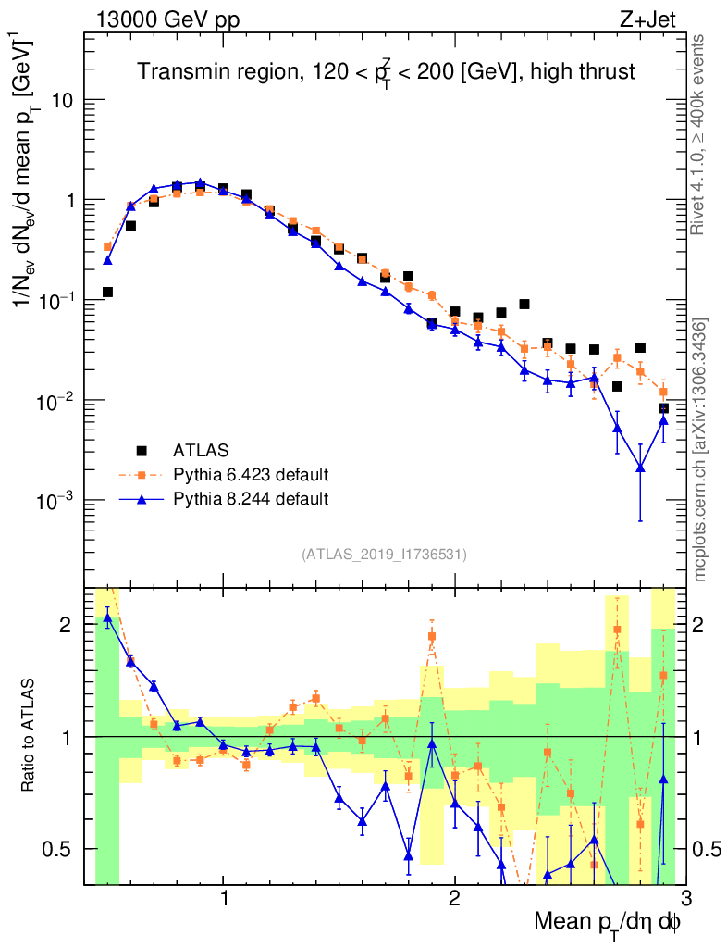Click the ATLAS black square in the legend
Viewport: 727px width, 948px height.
142,451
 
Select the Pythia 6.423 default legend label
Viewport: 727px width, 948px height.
251,475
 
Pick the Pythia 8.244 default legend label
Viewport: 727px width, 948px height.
251,499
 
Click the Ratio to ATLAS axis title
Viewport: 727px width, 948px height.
30,736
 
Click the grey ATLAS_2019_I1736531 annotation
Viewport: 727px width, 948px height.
384,555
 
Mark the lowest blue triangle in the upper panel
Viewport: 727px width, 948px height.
640,467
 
